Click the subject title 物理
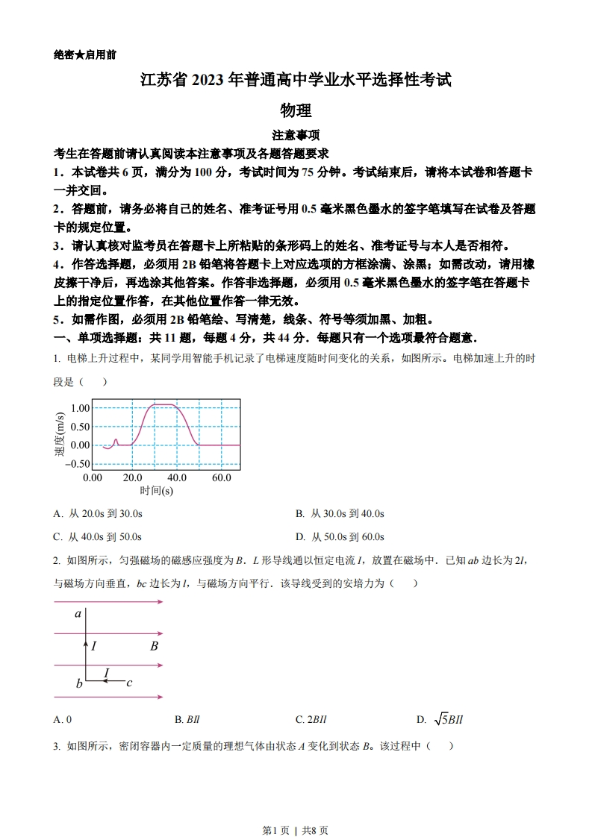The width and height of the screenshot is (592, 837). [296, 110]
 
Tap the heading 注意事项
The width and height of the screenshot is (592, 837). [296, 136]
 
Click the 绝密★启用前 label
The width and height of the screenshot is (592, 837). [85, 54]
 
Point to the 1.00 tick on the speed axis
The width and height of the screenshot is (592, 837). [80, 408]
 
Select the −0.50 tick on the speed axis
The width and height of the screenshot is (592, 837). [78, 464]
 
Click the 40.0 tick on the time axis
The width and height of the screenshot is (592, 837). [177, 477]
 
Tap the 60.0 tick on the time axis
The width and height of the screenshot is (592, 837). [221, 477]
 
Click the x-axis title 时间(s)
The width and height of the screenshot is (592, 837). [156, 491]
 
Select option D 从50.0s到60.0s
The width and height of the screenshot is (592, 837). [340, 537]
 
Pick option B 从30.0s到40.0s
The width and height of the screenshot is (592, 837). [340, 514]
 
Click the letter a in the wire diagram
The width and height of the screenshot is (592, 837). [78, 615]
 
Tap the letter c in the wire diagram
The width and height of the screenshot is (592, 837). [129, 682]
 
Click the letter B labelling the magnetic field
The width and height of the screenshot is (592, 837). [154, 646]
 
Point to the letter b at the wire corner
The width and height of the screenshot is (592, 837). [79, 683]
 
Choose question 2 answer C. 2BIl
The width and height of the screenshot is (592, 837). [311, 720]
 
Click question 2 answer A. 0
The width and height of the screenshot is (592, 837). [63, 720]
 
